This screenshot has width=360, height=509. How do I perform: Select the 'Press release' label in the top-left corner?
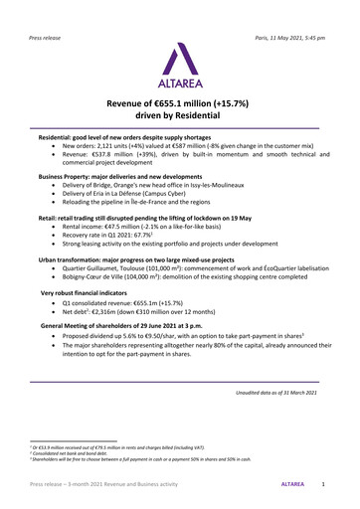pyautogui.click(x=49, y=12)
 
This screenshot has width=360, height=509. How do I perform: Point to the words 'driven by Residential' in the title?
pyautogui.click(x=179, y=118)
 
